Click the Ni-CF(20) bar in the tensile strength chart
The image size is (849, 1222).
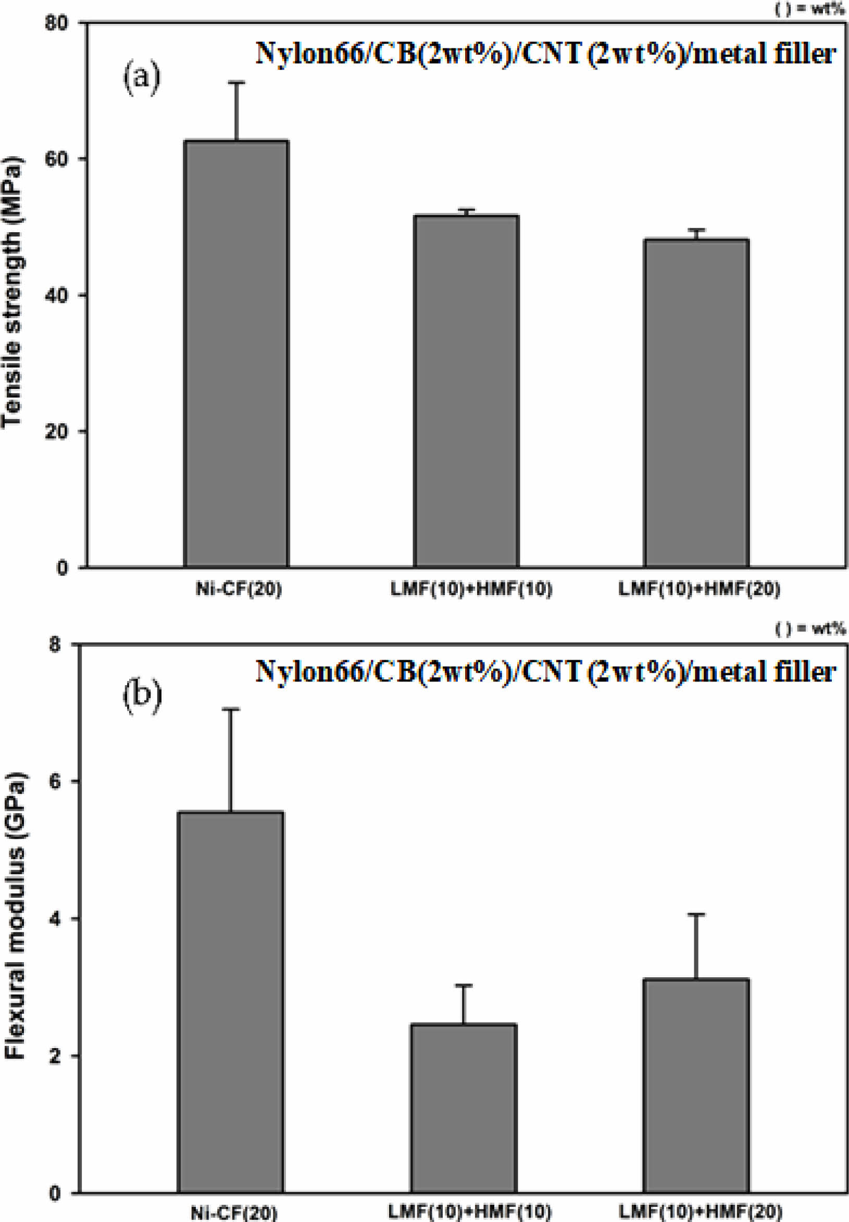236,354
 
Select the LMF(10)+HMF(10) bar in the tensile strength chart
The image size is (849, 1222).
466,391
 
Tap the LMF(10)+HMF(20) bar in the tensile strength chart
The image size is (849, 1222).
696,403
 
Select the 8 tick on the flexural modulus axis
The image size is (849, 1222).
55,645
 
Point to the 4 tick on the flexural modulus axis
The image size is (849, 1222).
55,919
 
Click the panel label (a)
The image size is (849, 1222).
142,78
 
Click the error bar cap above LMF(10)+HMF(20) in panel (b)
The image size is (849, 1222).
696,914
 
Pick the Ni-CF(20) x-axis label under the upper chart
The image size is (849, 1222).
239,589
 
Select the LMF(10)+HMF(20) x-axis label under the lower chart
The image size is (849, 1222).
700,1212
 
